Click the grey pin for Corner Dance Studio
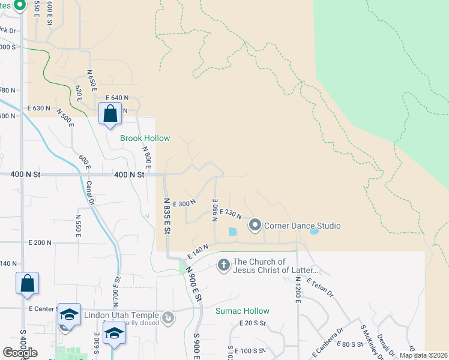[255, 226]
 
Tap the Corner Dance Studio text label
[303, 226]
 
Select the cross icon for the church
[224, 265]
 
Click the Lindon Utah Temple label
[121, 316]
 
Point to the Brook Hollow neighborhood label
[145, 138]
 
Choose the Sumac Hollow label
[243, 311]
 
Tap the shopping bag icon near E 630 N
[110, 113]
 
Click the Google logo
[20, 352]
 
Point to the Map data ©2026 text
[423, 355]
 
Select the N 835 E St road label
[167, 217]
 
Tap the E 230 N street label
[231, 213]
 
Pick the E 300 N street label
[184, 204]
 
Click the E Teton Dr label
[319, 287]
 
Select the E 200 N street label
[40, 242]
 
